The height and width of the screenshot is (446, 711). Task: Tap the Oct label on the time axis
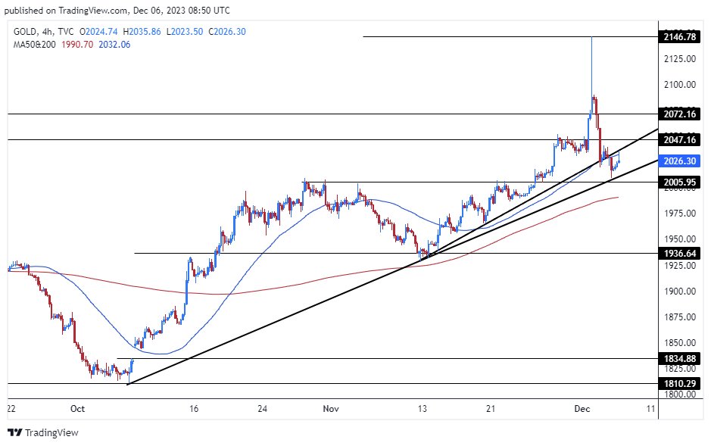coord(76,408)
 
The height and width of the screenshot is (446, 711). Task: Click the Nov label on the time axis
coord(331,408)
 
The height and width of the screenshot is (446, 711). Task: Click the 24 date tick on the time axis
coord(262,408)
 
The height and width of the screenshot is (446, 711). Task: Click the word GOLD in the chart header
coord(23,32)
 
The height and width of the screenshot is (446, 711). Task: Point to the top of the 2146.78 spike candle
coord(591,37)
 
